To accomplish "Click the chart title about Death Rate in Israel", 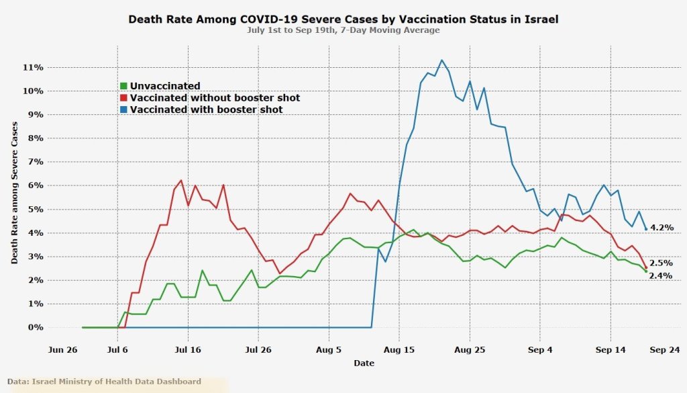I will (x=343, y=19).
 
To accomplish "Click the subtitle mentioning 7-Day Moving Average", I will (x=343, y=30).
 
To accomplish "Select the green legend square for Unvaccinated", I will (x=123, y=86).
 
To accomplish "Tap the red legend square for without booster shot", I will (x=123, y=98).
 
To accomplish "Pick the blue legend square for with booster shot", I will (x=123, y=110).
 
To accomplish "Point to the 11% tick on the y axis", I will (x=34, y=68).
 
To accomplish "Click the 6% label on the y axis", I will (x=35, y=186).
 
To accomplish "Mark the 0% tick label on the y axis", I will (x=35, y=328).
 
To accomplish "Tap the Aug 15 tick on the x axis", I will (x=399, y=350).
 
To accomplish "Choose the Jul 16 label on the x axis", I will (x=189, y=350).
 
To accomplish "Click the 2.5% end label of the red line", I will (x=661, y=263).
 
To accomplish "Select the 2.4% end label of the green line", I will (x=661, y=275).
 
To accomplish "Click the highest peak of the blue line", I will (x=441, y=60).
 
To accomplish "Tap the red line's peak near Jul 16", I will (x=181, y=180).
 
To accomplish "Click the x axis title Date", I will (x=364, y=363).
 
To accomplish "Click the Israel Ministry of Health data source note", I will (x=105, y=382).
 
